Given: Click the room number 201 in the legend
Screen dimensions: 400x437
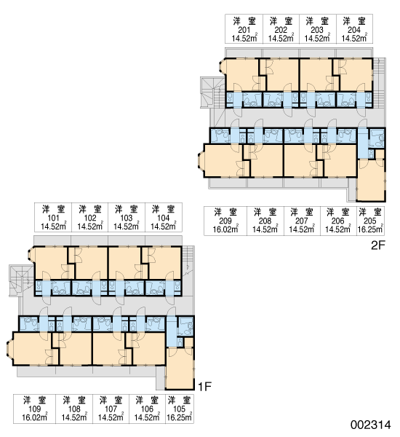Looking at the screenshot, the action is (x=244, y=30).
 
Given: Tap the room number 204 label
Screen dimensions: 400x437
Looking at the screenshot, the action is (x=354, y=30).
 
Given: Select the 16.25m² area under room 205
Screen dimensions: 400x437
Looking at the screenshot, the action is (x=370, y=229).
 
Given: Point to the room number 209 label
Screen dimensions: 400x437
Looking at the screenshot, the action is (x=225, y=221).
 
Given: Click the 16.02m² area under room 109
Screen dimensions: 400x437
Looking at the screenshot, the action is (x=35, y=417).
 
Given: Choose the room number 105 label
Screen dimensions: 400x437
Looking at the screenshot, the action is (x=179, y=409).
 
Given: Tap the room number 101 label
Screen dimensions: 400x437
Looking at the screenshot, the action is (x=53, y=218).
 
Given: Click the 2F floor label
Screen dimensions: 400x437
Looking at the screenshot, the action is (x=377, y=245).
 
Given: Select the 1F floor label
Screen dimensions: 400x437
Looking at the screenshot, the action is (x=204, y=387).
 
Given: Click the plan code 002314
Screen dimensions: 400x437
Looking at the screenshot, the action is (x=370, y=425).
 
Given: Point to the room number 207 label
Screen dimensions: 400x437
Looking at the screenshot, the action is (x=302, y=221).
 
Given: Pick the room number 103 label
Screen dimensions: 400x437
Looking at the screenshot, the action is (x=127, y=218).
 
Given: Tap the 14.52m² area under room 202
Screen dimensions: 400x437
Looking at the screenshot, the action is (x=281, y=38).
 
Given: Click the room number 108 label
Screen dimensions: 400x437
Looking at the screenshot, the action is (x=74, y=409).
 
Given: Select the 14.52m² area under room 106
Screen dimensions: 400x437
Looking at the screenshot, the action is (x=147, y=417).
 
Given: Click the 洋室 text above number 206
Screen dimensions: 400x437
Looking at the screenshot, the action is (x=338, y=213).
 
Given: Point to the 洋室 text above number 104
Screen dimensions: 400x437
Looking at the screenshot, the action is (x=164, y=209).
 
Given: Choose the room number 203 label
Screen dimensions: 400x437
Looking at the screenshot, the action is (x=317, y=30).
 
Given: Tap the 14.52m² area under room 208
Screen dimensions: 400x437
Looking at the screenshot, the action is (x=265, y=229).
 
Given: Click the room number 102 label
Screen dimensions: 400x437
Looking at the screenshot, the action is (x=90, y=218).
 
